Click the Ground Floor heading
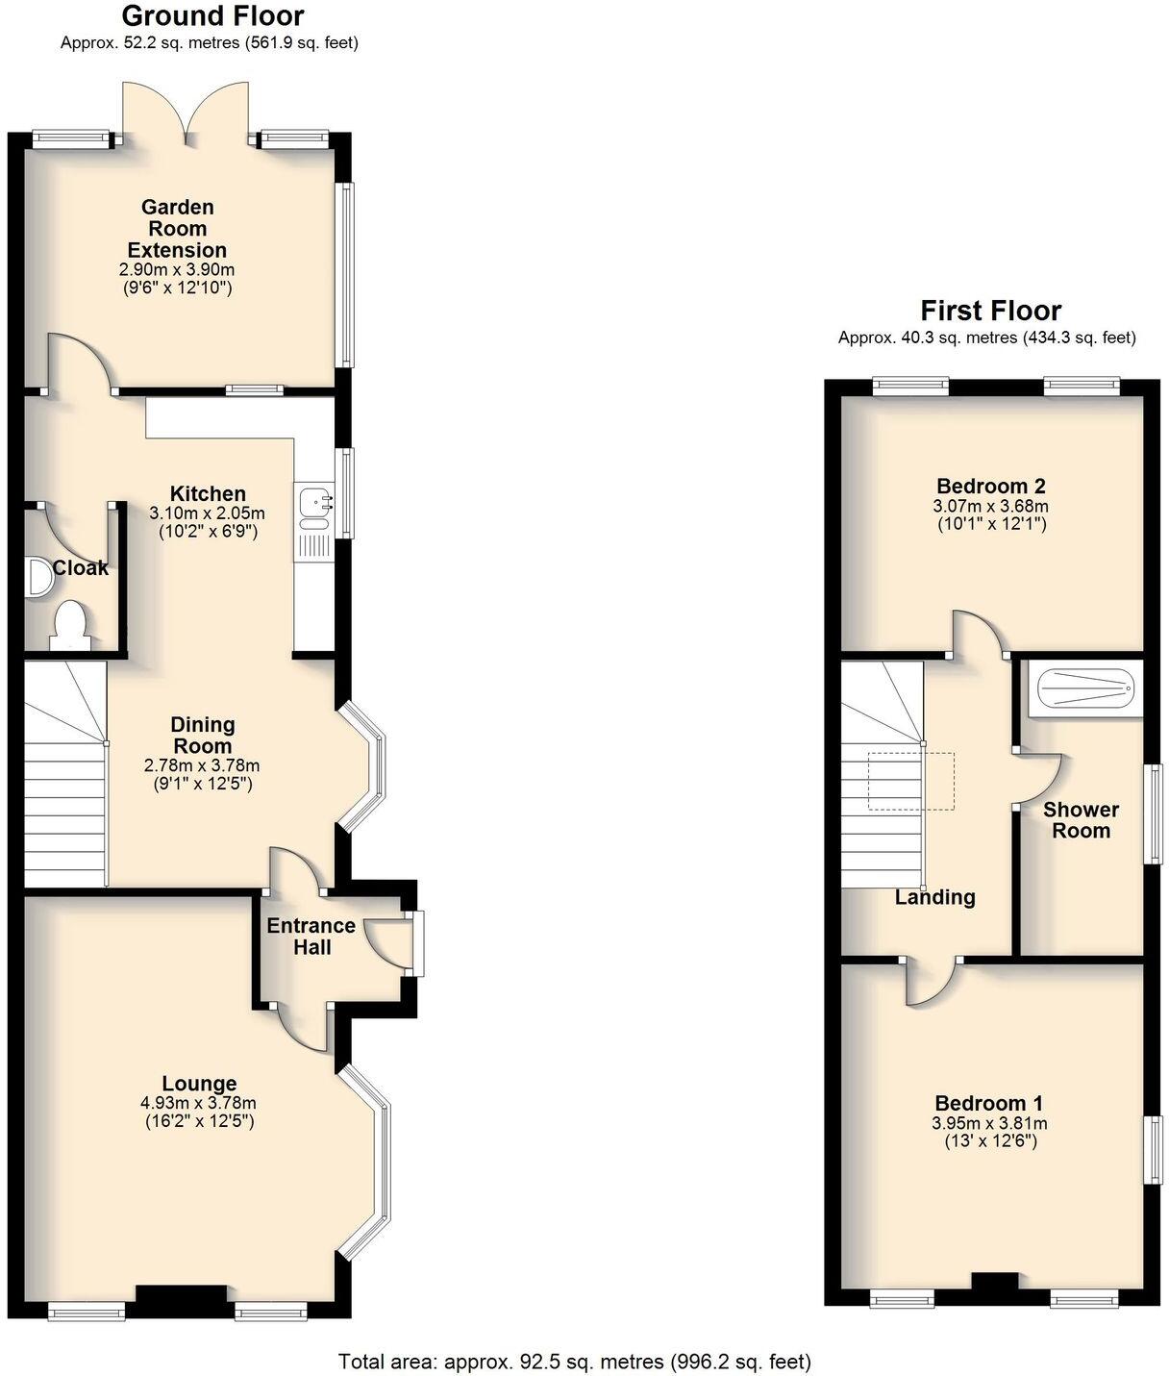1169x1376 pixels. [212, 16]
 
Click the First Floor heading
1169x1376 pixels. [990, 311]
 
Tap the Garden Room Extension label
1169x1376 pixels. [178, 229]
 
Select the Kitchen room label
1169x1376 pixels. [208, 493]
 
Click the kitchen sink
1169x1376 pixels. [314, 501]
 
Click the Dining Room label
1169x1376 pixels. [202, 735]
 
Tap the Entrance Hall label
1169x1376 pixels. [311, 937]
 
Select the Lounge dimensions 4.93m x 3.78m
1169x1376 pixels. [198, 1104]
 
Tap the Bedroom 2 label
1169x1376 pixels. [990, 486]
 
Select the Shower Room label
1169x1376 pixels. [1081, 820]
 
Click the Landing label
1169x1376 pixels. [934, 897]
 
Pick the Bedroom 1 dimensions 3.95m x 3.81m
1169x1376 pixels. [990, 1123]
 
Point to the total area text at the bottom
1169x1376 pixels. [574, 1361]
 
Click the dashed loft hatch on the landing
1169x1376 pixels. [910, 781]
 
